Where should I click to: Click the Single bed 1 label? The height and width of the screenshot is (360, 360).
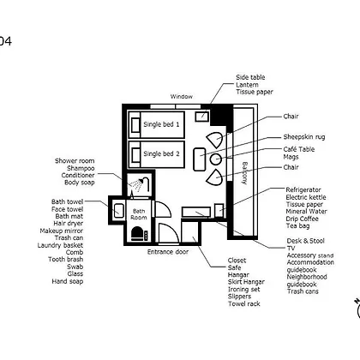point(161,124)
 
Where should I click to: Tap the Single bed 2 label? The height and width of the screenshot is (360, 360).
point(161,153)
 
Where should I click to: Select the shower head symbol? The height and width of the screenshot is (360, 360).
point(142,184)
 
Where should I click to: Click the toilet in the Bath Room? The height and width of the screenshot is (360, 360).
point(137,233)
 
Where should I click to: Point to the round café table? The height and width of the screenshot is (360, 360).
point(216,159)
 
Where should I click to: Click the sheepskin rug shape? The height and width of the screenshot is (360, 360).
point(200,159)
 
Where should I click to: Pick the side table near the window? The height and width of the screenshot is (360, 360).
point(202,117)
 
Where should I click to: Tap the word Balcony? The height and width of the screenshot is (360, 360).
point(244,173)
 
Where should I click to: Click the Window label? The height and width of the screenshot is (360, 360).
point(182,97)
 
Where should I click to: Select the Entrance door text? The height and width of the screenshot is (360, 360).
point(168,252)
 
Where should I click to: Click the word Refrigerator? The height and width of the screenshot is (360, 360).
point(303,189)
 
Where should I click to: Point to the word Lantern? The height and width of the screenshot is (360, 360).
point(247,85)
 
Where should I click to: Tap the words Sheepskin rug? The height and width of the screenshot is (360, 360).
point(304,137)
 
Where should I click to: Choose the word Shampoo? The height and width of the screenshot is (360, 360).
point(81,168)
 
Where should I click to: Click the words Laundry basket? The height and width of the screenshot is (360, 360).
point(60,245)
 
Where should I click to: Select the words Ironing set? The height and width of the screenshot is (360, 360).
point(244,290)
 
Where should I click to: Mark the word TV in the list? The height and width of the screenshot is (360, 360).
point(291,248)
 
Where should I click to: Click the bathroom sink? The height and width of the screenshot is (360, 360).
point(118,210)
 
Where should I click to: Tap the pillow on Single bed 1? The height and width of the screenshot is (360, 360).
point(135,124)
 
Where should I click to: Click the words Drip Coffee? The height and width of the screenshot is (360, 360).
point(302,219)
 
